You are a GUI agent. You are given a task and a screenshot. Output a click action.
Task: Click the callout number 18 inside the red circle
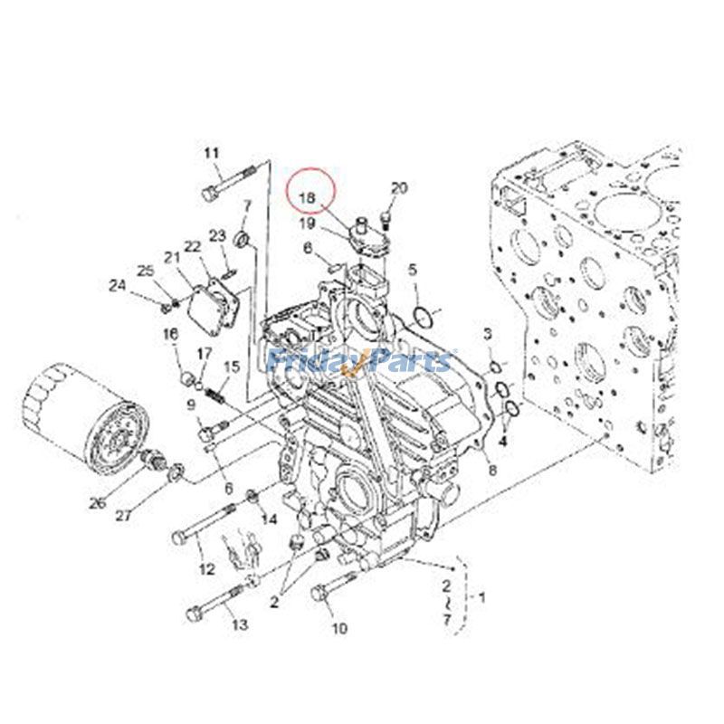(309, 196)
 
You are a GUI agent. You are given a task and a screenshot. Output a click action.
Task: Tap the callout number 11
(212, 153)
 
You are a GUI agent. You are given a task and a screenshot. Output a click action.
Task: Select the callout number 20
(399, 188)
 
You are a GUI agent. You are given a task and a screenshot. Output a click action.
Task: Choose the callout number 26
(97, 503)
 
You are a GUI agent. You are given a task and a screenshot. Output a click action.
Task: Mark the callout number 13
(239, 624)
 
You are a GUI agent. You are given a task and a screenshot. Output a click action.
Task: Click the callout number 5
(413, 269)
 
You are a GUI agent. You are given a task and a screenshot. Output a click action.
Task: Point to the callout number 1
(481, 597)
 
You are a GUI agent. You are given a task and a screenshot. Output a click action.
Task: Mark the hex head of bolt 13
(193, 614)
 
